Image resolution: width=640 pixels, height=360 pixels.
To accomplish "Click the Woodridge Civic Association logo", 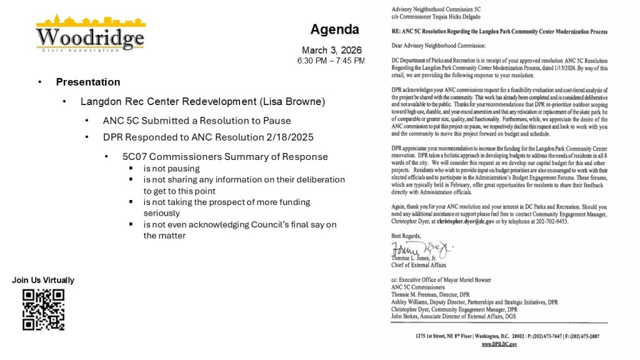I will [91, 34].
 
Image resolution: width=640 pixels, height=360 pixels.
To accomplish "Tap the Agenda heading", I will [334, 29].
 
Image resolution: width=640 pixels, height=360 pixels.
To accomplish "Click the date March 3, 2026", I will [331, 50].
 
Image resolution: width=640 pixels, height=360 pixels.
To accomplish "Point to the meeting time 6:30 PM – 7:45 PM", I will [331, 61].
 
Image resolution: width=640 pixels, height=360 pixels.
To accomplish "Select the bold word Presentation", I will [88, 82].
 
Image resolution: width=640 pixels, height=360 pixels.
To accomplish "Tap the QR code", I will [44, 309].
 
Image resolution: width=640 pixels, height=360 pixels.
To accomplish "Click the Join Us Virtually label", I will [43, 280].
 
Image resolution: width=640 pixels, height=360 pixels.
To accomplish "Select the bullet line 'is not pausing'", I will [171, 168].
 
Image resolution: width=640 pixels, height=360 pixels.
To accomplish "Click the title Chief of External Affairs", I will [419, 265].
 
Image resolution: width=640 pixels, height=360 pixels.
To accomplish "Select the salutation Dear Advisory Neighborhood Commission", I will [437, 46].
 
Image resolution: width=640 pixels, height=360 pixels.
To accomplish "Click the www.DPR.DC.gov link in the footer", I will [499, 344].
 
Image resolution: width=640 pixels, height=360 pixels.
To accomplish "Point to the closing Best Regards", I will [406, 236].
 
